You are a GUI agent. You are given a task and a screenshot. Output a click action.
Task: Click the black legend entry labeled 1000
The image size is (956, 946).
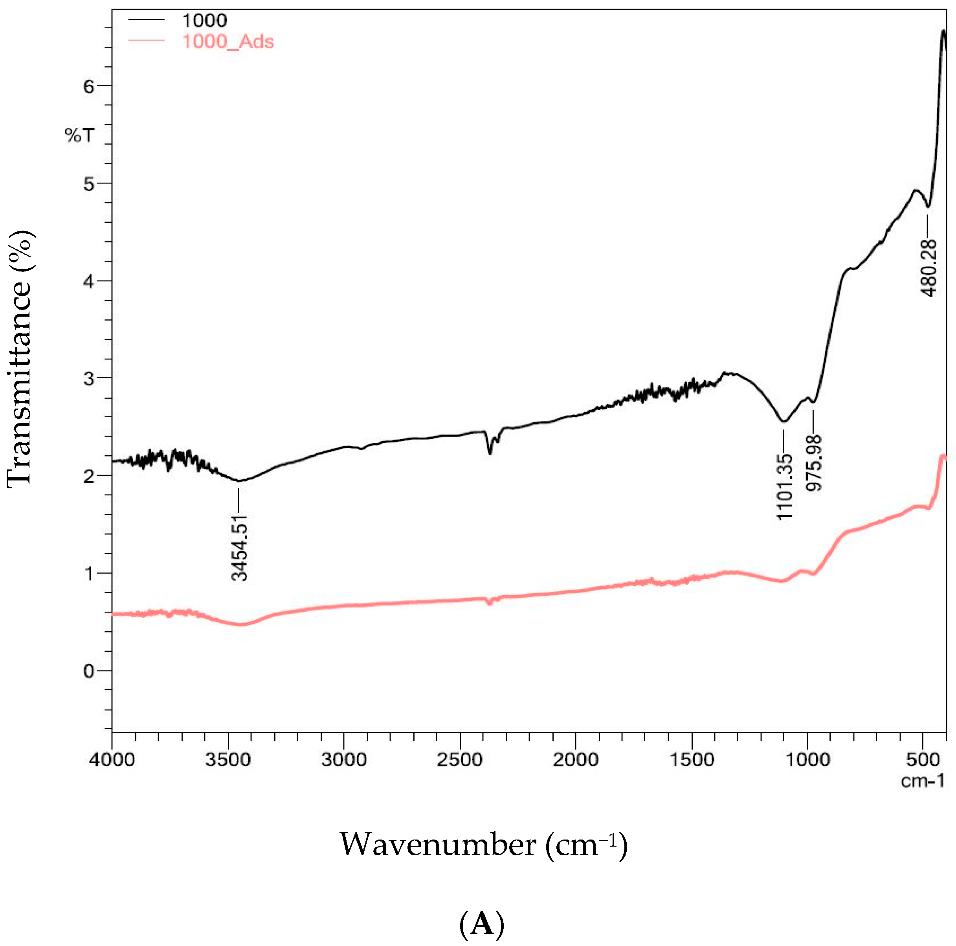coord(204,21)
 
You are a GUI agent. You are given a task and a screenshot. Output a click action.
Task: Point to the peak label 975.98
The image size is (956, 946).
coord(813,463)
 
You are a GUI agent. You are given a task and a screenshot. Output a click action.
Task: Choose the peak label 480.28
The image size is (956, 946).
coord(929,268)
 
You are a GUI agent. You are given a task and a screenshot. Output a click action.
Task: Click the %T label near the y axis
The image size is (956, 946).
coord(79,135)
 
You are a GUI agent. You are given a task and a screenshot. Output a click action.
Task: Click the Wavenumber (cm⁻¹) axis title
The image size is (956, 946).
coord(483,845)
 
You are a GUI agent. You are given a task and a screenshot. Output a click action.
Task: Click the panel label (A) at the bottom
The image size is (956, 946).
coord(481,924)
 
